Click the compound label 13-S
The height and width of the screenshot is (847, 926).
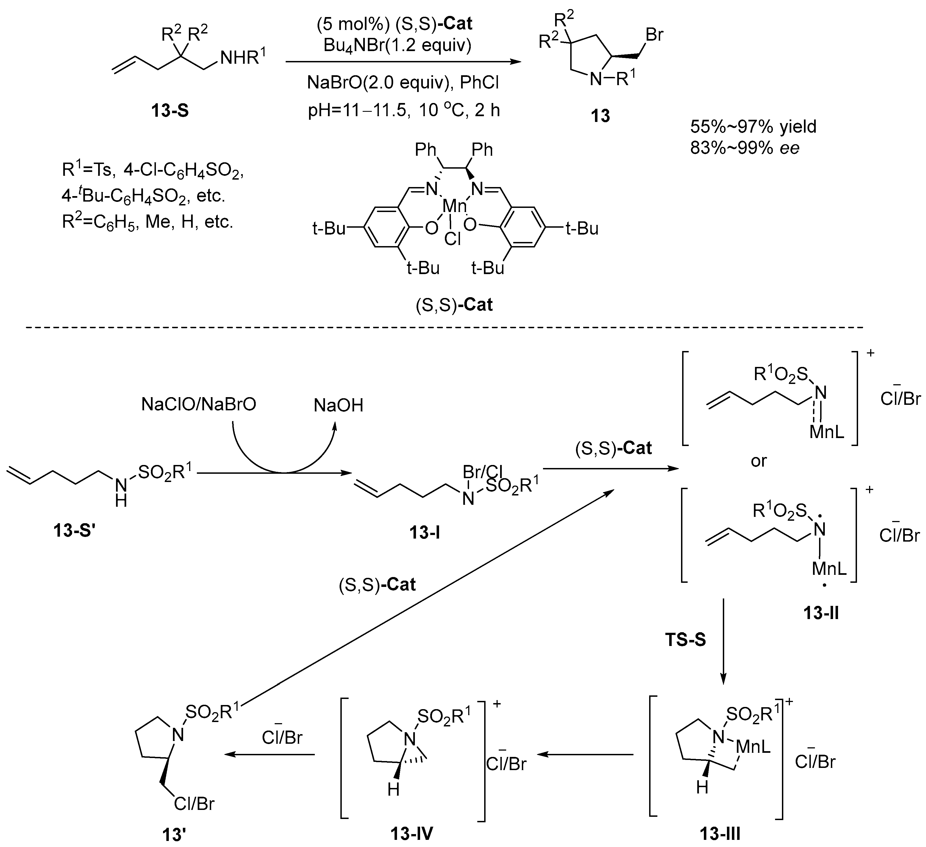[x=170, y=111]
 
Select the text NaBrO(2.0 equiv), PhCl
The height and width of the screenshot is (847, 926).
[x=403, y=83]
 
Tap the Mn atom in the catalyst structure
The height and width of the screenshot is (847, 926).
[x=454, y=207]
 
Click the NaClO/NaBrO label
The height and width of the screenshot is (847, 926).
[x=199, y=404]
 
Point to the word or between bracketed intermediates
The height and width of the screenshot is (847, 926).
[x=759, y=461]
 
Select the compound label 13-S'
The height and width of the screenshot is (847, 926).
[x=75, y=530]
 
